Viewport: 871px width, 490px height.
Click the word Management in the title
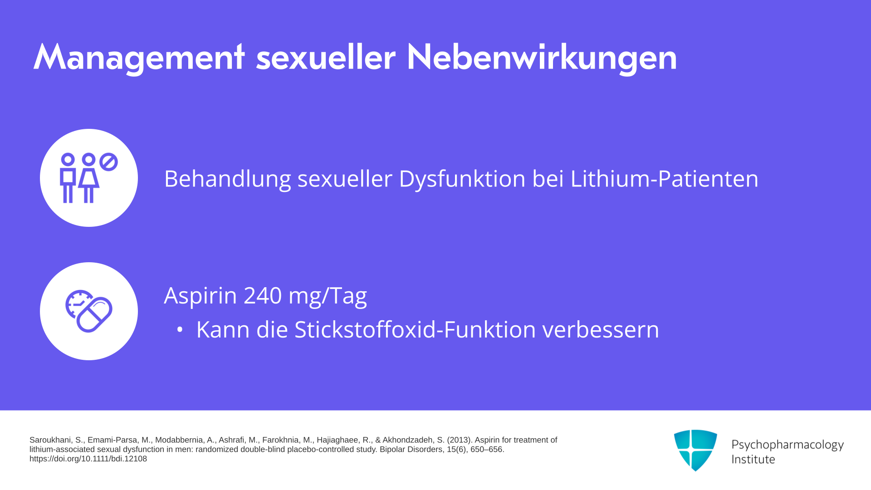pos(139,58)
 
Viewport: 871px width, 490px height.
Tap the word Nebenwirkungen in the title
pos(542,58)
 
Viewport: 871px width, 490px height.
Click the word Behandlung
pos(227,178)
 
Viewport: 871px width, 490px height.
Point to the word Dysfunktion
pos(462,178)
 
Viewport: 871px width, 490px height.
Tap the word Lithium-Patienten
pos(664,178)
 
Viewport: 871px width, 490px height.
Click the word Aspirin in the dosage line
pos(200,295)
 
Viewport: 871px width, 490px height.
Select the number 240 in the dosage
pos(263,295)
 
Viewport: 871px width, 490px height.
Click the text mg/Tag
pos(328,295)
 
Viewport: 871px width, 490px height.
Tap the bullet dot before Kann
pos(180,330)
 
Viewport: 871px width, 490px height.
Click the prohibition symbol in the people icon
pos(108,162)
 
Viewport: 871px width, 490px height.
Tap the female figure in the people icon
pos(89,178)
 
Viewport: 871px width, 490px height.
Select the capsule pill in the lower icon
pos(94,315)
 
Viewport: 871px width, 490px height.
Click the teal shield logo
pos(695,450)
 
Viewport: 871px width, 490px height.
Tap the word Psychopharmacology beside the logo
pos(788,445)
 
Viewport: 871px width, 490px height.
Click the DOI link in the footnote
pos(88,459)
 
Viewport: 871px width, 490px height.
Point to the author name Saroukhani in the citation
pos(50,440)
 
